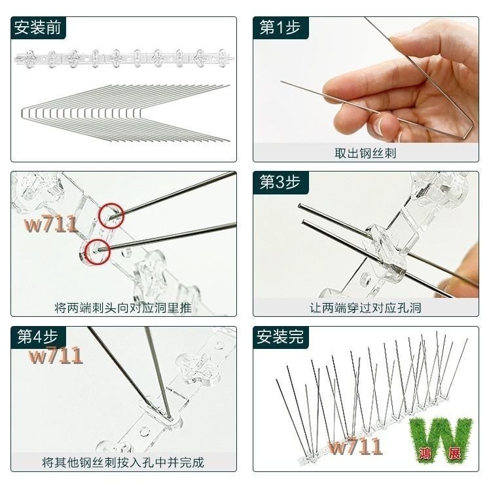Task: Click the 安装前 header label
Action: point(37,27)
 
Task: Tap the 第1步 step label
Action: point(280,27)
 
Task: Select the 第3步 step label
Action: point(280,182)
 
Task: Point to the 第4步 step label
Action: point(37,336)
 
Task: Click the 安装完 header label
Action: point(280,336)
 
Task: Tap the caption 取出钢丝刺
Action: point(365,153)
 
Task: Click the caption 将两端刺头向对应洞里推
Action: point(123,308)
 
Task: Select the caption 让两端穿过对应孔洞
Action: point(365,308)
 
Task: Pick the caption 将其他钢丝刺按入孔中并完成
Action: point(123,462)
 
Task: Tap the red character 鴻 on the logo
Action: point(425,453)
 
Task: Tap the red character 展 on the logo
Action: point(455,453)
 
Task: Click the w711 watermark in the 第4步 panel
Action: point(56,355)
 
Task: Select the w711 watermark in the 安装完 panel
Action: point(355,446)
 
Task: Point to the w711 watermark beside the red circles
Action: point(51,224)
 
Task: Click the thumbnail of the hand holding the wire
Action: point(366,80)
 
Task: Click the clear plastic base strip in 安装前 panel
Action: point(124,58)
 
